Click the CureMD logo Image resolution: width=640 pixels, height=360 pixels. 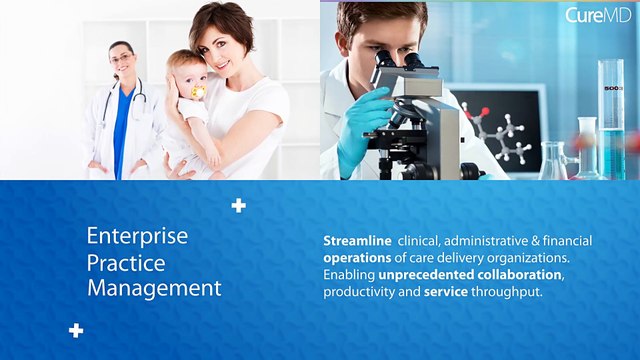pyautogui.click(x=596, y=15)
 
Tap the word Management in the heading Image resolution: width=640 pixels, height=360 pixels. pyautogui.click(x=154, y=288)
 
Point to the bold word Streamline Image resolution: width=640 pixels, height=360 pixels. pyautogui.click(x=357, y=241)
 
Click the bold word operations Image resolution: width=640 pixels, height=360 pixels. pyautogui.click(x=357, y=258)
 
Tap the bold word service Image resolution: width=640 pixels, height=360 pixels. pyautogui.click(x=444, y=292)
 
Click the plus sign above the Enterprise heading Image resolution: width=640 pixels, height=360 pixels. pyautogui.click(x=238, y=206)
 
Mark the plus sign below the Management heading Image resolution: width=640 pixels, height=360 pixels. pyautogui.click(x=76, y=330)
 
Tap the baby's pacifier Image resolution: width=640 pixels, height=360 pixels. pyautogui.click(x=198, y=94)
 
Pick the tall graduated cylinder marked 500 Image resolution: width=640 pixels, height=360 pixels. pyautogui.click(x=611, y=110)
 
